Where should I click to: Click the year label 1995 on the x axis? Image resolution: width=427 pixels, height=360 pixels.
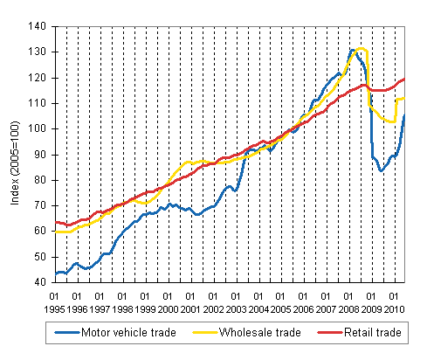(54, 308)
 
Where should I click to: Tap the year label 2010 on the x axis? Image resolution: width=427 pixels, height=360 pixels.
(394, 308)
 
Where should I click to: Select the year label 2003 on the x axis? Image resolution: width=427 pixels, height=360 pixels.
(236, 308)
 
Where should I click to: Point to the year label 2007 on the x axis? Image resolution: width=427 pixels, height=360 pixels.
(326, 308)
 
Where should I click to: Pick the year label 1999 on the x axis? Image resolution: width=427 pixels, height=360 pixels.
(145, 308)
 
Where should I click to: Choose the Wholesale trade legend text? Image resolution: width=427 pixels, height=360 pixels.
(255, 333)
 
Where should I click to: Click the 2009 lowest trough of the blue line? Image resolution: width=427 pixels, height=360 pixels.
(381, 170)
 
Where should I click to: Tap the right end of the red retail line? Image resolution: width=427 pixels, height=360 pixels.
(404, 80)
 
